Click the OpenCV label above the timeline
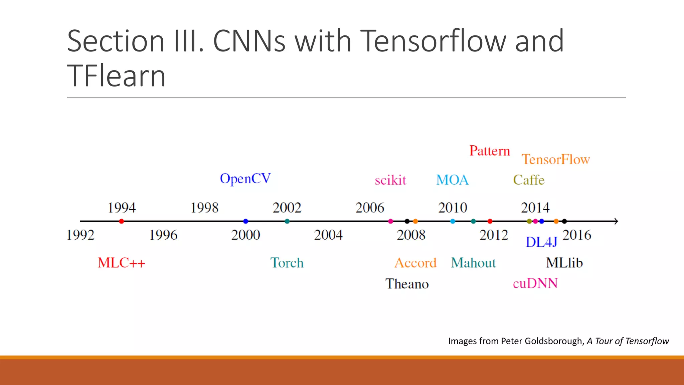pos(245,179)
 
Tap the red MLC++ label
pos(122,263)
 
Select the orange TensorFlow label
pos(556,159)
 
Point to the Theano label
pos(407,284)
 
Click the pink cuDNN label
pos(535,283)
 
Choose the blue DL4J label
pos(541,242)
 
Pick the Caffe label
pos(529,180)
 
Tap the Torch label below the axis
pos(287,263)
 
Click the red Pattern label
pos(490,151)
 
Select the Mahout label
pos(473,263)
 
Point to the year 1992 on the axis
pos(80,235)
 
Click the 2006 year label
pos(370,208)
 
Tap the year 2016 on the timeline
pos(577,235)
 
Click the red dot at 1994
pos(122,221)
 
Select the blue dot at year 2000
pos(246,221)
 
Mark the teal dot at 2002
pos(287,221)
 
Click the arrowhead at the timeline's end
pos(616,221)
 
